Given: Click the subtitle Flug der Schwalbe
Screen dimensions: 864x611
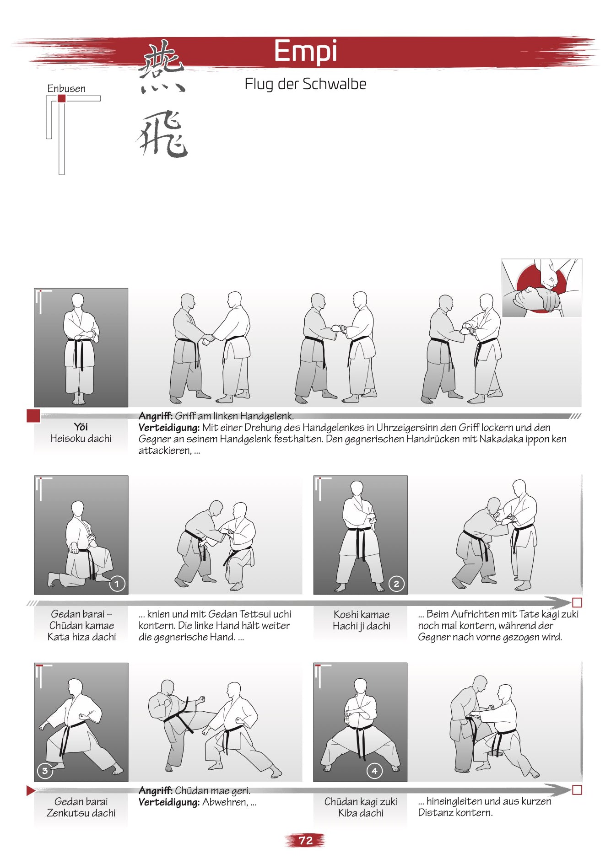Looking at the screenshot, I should tap(305, 84).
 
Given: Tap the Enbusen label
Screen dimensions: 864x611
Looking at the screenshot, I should tap(66, 88).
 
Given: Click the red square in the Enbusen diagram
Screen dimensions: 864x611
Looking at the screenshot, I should tap(61, 98).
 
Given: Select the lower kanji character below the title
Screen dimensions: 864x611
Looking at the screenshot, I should tap(162, 134).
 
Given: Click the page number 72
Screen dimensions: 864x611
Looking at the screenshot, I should tap(305, 840).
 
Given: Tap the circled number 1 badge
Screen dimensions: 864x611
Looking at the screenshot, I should tap(117, 584).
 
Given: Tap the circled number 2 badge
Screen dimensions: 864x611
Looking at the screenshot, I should tap(396, 584).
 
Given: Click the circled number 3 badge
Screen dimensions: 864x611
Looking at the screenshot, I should tap(44, 771).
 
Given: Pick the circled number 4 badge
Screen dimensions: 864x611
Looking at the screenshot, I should tap(374, 771).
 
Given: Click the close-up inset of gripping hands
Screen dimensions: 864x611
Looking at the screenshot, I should tap(541, 288).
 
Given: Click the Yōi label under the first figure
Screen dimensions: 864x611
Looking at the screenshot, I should tap(81, 427).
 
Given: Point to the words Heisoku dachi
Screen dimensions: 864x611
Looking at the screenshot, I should tap(81, 438).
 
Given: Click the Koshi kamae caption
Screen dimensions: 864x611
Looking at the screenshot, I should tap(361, 614).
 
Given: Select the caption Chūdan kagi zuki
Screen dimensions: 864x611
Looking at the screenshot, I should tap(361, 801).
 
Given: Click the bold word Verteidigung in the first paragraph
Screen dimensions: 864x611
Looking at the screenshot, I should tap(169, 428).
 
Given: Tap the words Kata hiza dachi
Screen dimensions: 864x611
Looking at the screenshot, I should tap(81, 637).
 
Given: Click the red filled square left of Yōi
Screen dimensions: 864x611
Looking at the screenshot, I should tap(33, 416).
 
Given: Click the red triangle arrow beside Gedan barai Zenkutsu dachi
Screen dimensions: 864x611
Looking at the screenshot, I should tap(30, 790).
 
